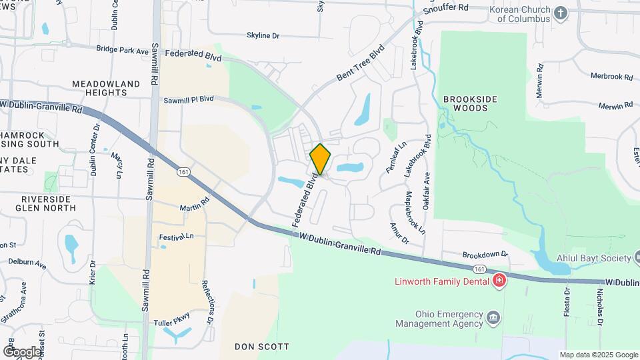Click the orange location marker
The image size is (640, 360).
(x=321, y=159)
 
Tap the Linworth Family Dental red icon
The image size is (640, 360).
(x=498, y=281)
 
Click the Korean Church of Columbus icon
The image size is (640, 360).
(x=561, y=13)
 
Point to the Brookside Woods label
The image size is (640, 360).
(x=470, y=103)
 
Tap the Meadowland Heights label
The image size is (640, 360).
(x=106, y=88)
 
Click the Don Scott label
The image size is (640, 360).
(x=262, y=347)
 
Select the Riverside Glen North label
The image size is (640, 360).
(x=46, y=203)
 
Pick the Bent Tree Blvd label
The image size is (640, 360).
(x=361, y=63)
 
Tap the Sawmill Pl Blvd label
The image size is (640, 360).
(x=189, y=99)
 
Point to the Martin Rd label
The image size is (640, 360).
(x=194, y=208)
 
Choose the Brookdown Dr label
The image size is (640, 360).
(x=485, y=255)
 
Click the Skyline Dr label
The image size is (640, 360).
(x=263, y=35)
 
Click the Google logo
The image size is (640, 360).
(x=23, y=351)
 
